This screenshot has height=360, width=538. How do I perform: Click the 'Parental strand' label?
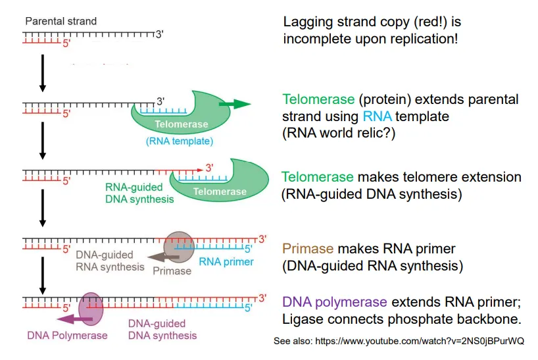click(61, 21)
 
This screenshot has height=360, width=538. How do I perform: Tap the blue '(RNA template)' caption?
click(179, 140)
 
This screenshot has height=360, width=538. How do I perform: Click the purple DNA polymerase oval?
click(91, 309)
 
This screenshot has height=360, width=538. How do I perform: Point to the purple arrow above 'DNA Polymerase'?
click(74, 320)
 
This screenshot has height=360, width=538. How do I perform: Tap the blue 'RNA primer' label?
click(226, 263)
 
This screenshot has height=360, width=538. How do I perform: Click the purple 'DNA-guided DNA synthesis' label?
click(161, 329)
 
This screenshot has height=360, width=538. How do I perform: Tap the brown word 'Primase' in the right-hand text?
click(307, 249)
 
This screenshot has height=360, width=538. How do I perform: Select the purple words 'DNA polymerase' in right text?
click(334, 302)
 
